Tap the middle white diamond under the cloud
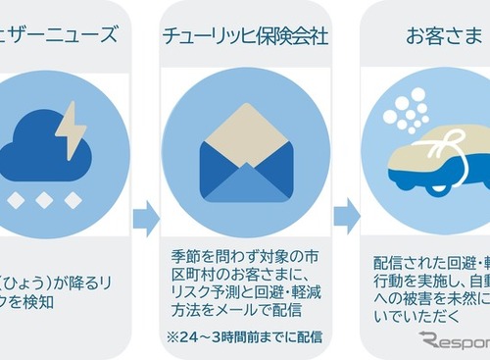coord(44,199)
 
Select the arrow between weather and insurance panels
coord(146,218)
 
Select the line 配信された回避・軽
coord(431,238)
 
